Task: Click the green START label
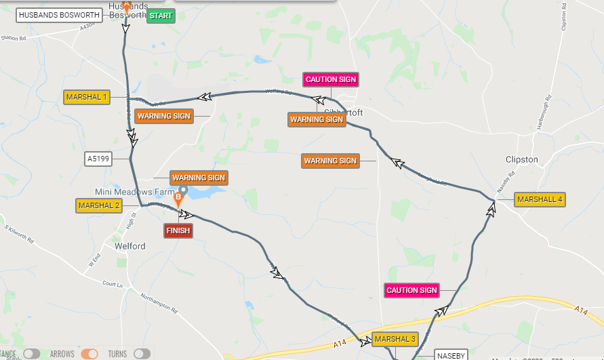[161, 16]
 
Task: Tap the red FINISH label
[178, 231]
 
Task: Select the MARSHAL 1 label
[87, 97]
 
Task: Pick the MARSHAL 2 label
[99, 205]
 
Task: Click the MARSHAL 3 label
[394, 339]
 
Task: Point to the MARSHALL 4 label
[540, 199]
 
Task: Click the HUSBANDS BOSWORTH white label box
[60, 14]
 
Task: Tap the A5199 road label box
[98, 159]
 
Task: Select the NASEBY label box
[451, 355]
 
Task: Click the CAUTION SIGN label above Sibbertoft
[331, 79]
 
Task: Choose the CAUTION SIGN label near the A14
[411, 290]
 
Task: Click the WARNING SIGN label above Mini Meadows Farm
[199, 178]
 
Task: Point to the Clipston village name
[522, 160]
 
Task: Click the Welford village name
[130, 246]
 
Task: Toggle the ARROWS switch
[89, 354]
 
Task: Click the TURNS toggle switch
[142, 354]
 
